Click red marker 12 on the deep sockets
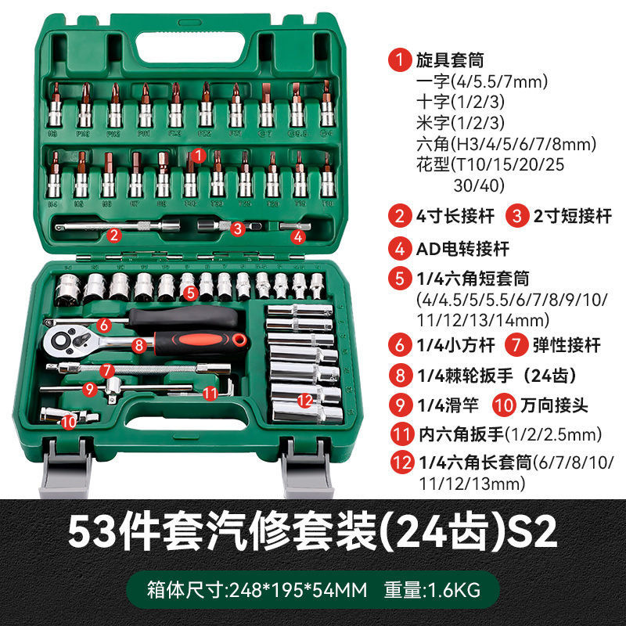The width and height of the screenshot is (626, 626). tap(305, 400)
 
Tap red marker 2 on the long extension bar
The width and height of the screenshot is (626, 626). tap(114, 233)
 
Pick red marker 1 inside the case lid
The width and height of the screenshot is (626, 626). tap(199, 156)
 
